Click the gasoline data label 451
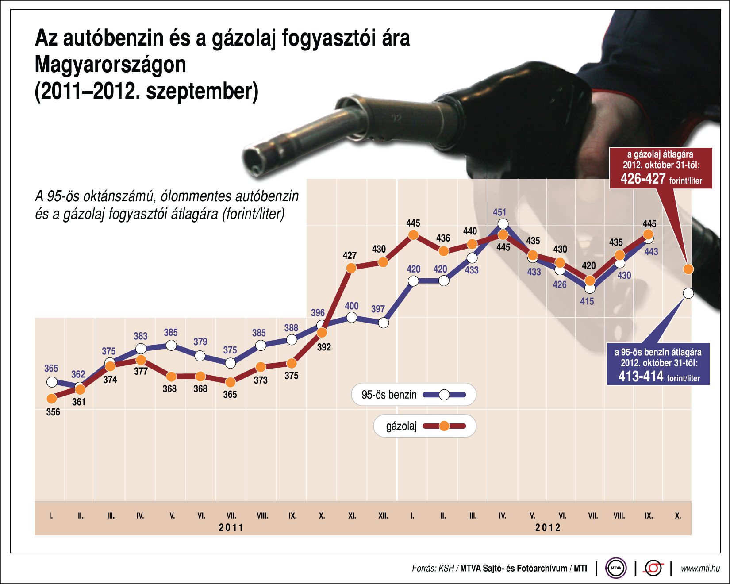pyautogui.click(x=499, y=212)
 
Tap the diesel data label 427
pyautogui.click(x=350, y=255)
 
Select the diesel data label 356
pyautogui.click(x=53, y=412)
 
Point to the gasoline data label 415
pyautogui.click(x=587, y=301)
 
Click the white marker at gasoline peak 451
pyautogui.click(x=503, y=224)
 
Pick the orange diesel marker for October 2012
pyautogui.click(x=688, y=269)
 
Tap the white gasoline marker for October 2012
pyautogui.click(x=688, y=293)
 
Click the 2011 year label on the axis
pyautogui.click(x=231, y=527)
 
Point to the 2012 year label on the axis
pyautogui.click(x=548, y=527)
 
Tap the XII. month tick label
pyautogui.click(x=383, y=516)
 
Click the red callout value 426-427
pyautogui.click(x=643, y=179)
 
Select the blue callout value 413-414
pyautogui.click(x=641, y=377)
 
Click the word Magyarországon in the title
pyautogui.click(x=111, y=65)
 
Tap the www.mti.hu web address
pyautogui.click(x=700, y=569)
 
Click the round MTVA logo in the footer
pyautogui.click(x=616, y=569)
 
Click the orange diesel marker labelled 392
pyautogui.click(x=322, y=333)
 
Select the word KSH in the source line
pyautogui.click(x=446, y=569)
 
